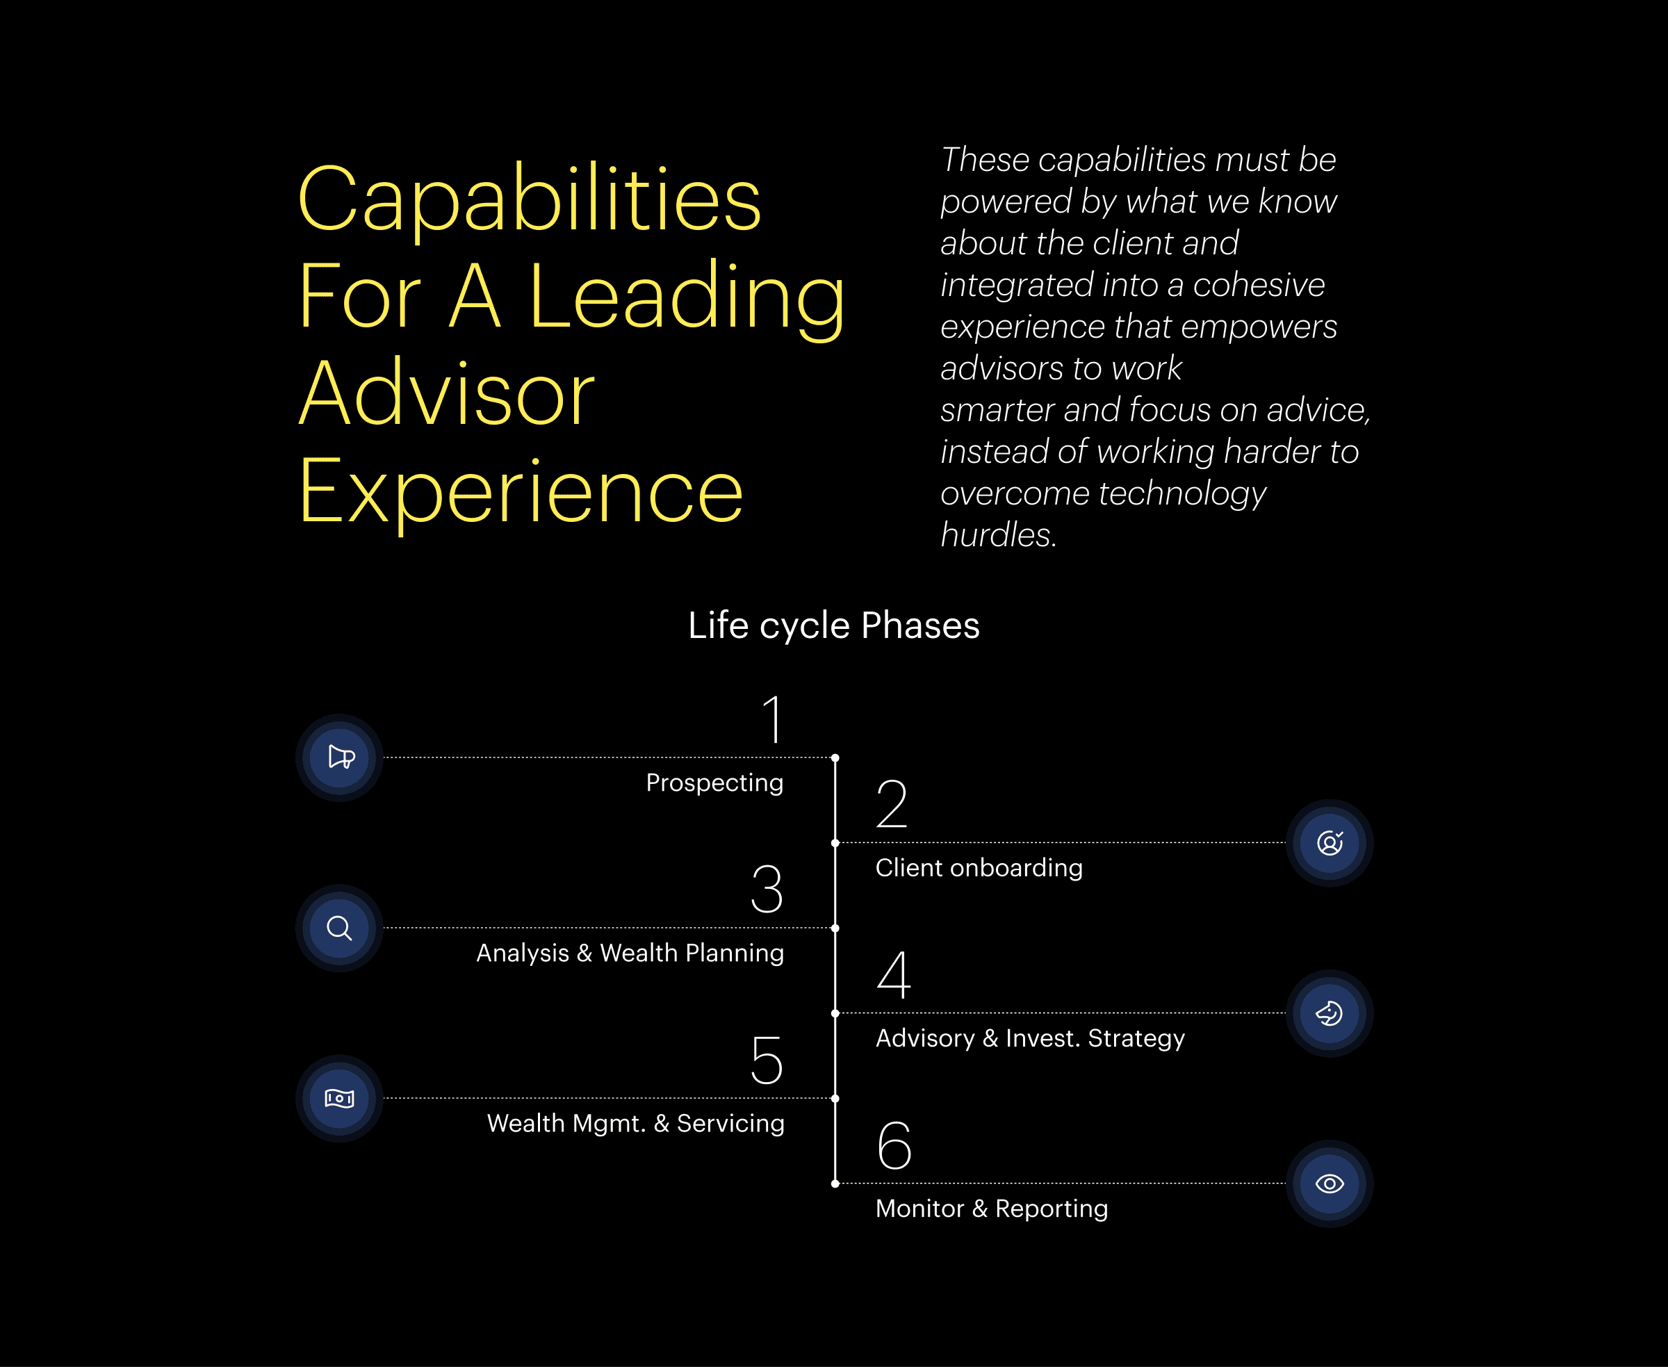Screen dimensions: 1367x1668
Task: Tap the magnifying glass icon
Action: coord(339,928)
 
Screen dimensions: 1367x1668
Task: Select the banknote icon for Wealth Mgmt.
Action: coord(339,1097)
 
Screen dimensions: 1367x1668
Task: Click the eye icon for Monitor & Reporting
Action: coord(1330,1184)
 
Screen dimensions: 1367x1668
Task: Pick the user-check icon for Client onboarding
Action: coord(1330,842)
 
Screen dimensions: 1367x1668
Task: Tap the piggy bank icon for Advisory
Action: coord(1330,1013)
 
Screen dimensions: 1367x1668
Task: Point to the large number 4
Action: coord(894,974)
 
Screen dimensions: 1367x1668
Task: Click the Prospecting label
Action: coord(714,783)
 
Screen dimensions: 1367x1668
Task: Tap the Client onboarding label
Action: coord(979,868)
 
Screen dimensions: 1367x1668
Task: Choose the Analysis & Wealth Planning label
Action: coord(630,953)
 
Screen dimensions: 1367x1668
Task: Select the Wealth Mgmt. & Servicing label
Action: coord(635,1124)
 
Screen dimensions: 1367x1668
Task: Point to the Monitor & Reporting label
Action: coord(992,1209)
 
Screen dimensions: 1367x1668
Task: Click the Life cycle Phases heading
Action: coord(834,625)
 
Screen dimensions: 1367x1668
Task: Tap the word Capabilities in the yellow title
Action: coord(529,199)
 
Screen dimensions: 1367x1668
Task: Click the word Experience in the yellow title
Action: coord(521,491)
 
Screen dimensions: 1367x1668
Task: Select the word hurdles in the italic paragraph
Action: coord(997,535)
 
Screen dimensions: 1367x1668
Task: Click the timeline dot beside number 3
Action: coord(835,928)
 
